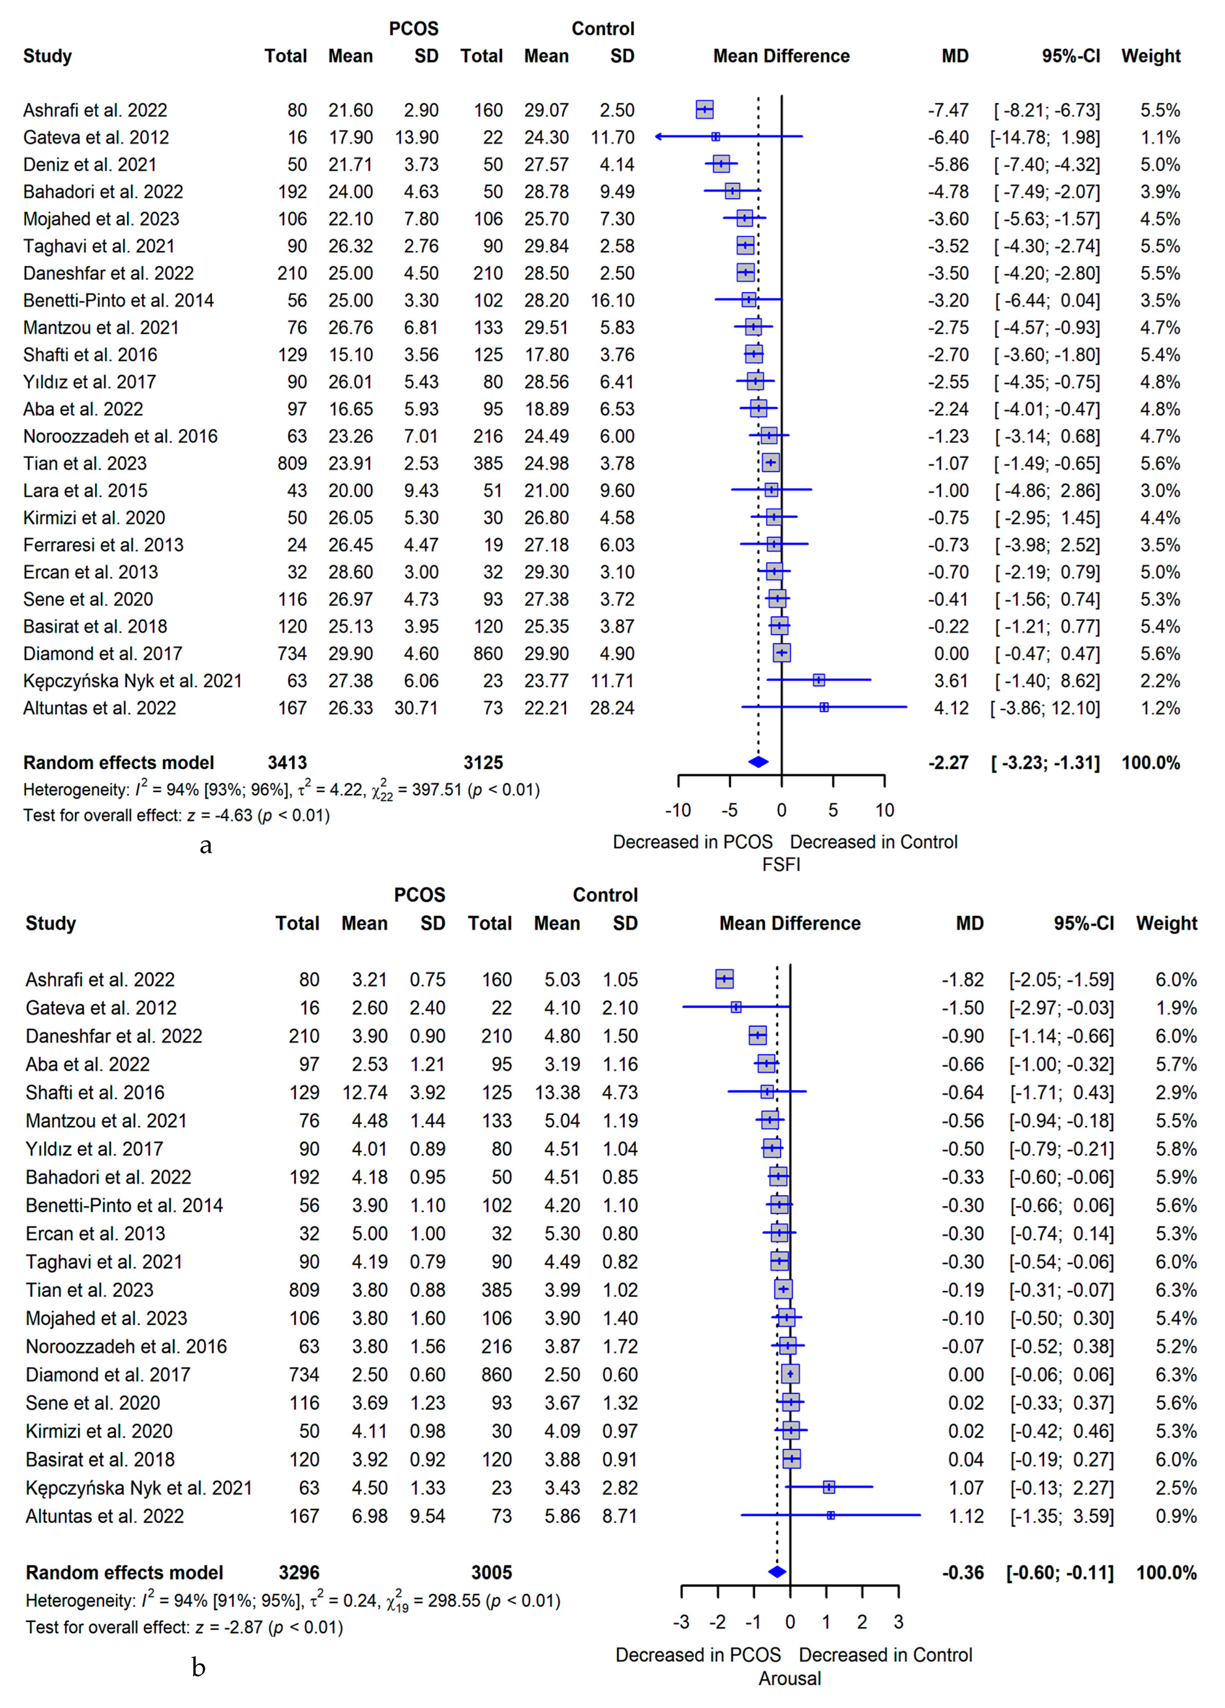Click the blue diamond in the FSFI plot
(758, 762)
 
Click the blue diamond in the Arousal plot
(777, 1572)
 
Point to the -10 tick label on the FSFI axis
(678, 810)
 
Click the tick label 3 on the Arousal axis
(898, 1622)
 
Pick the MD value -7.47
(948, 110)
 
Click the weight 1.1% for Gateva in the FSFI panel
(1159, 137)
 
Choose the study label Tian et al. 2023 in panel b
(90, 1290)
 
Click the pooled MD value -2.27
(948, 763)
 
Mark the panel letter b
(198, 1668)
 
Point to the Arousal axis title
(789, 1679)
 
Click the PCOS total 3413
(287, 763)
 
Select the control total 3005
(491, 1572)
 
